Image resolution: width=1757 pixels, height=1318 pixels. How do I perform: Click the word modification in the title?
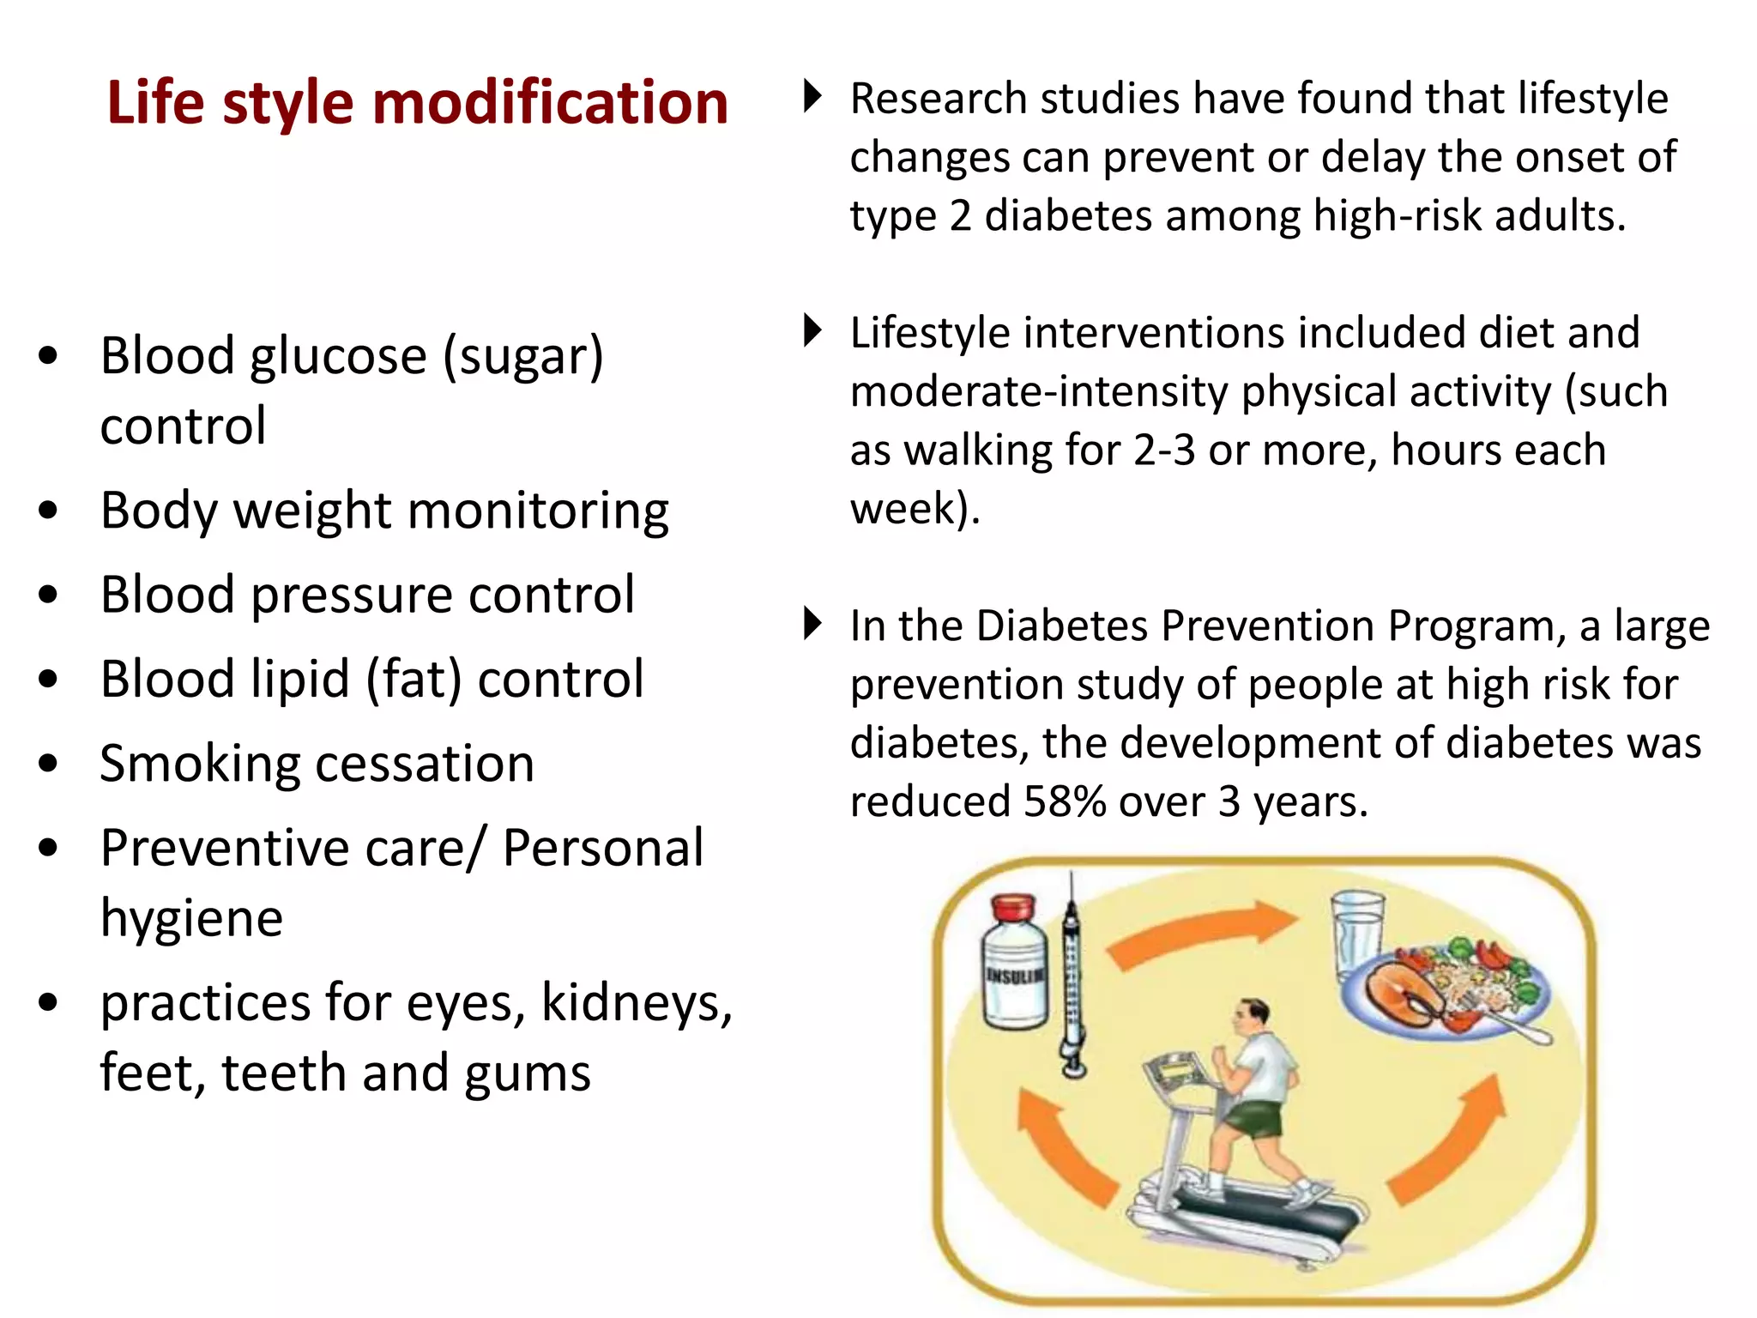pos(550,103)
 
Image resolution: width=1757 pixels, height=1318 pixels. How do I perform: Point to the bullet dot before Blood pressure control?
pos(49,595)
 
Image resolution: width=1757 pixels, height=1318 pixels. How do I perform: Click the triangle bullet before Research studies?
pos(812,96)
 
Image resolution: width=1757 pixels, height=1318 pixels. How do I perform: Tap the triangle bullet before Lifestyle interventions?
pos(812,330)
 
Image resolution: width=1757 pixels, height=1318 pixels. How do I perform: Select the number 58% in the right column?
pos(1065,802)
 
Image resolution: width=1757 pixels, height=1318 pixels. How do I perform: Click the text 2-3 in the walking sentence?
pos(1163,451)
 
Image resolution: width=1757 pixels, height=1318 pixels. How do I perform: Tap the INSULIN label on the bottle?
pos(1015,976)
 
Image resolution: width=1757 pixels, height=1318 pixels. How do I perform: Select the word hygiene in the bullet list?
pos(191,919)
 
